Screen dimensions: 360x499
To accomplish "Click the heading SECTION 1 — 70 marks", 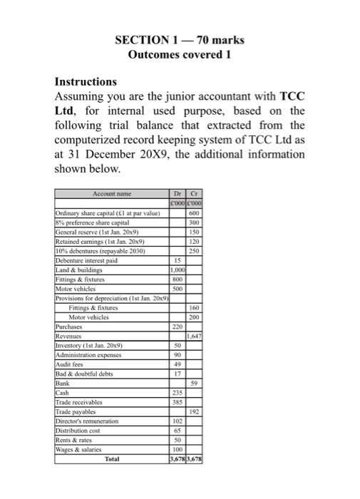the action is click(x=180, y=38).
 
